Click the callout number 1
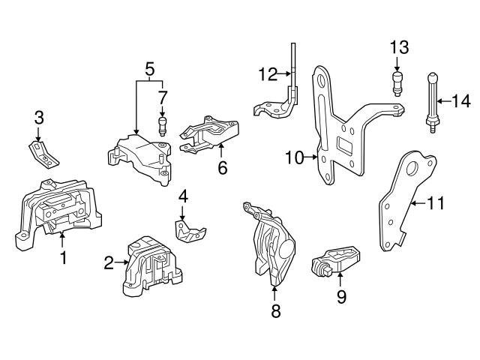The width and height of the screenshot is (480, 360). (x=64, y=259)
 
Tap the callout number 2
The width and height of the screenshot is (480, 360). (x=109, y=262)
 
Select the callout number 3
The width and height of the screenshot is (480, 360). (x=40, y=117)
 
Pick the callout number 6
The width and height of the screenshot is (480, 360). (x=223, y=168)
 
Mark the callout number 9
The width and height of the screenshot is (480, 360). (x=341, y=298)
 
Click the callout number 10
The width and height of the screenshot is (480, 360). (x=293, y=157)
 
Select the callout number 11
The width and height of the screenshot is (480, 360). (x=436, y=202)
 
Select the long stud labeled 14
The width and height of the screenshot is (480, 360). (x=433, y=101)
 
